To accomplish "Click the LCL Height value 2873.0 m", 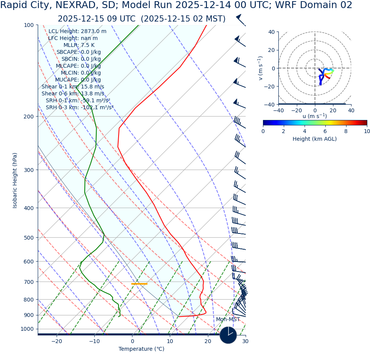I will pos(94,32).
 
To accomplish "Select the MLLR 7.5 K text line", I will pos(79,45).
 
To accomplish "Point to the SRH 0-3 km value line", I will pos(80,108).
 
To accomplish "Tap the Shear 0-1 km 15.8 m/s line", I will pos(73,87).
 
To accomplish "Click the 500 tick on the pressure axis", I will pos(29,238).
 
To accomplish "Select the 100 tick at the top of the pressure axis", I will pos(29,25).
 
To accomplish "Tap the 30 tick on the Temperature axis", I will pos(245,342).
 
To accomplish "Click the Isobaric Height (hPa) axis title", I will pos(15,180).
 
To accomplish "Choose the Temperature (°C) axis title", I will pos(141,349).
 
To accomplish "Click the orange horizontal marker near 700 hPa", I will pos(139,284).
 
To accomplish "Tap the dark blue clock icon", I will pos(228,335).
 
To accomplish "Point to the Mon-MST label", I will pos(228,320).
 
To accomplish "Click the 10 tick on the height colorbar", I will pos(367,131).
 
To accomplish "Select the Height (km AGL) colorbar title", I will pos(315,139).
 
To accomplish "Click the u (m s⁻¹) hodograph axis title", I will pos(315,116).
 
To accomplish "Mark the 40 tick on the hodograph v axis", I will pos(271,32).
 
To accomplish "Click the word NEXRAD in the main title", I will pos(70,5).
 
